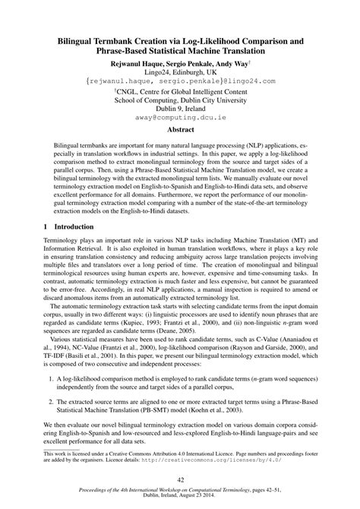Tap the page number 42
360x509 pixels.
coord(180,479)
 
